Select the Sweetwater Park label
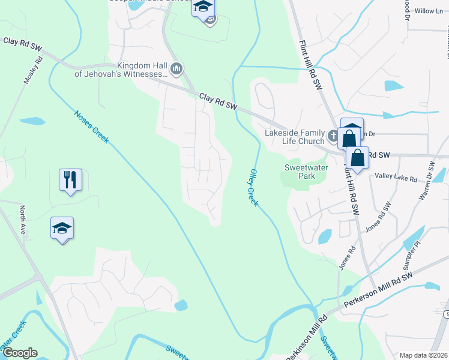click(x=306, y=172)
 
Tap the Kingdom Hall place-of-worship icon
click(x=176, y=70)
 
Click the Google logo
click(x=19, y=353)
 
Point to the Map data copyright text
click(x=423, y=355)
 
